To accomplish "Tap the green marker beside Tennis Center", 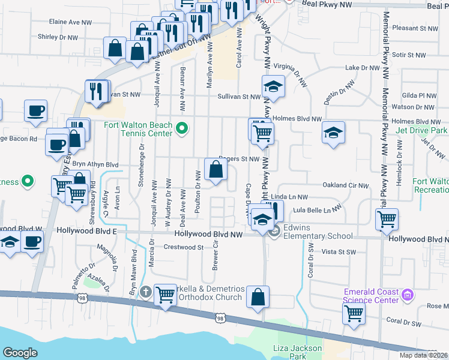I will click(x=184, y=128).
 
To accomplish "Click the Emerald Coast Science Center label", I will click(x=371, y=296).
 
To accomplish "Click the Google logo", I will click(x=20, y=353).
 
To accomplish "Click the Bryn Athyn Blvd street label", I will click(x=95, y=164).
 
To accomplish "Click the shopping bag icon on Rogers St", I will click(x=215, y=170).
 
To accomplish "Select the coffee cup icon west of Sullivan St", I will click(x=35, y=111).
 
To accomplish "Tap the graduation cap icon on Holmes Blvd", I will click(x=333, y=133).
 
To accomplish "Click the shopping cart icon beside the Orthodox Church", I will click(x=165, y=295).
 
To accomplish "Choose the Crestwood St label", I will click(x=184, y=247).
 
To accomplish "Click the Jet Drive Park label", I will click(x=422, y=130).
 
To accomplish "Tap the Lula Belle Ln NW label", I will click(x=316, y=210).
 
